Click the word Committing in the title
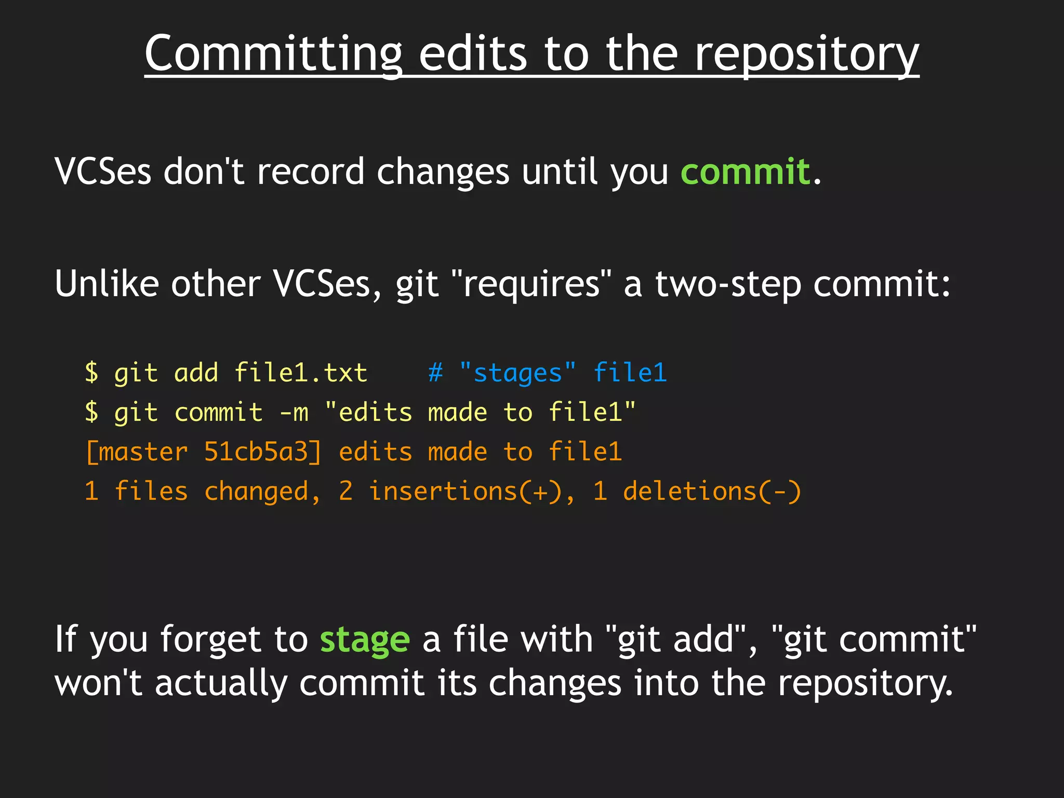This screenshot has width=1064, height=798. pyautogui.click(x=273, y=54)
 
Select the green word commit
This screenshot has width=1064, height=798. pyautogui.click(x=745, y=171)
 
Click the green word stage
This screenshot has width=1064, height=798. pyautogui.click(x=365, y=640)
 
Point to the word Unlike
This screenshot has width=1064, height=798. pyautogui.click(x=107, y=284)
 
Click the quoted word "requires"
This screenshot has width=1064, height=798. pyautogui.click(x=531, y=284)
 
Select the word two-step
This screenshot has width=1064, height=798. pyautogui.click(x=728, y=284)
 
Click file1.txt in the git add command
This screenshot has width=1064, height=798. pyautogui.click(x=300, y=373)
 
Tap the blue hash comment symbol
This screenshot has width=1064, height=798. pyautogui.click(x=435, y=373)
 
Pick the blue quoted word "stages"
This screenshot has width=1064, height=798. pyautogui.click(x=517, y=373)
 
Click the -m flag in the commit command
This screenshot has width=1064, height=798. pyautogui.click(x=294, y=413)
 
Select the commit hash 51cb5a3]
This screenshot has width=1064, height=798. pyautogui.click(x=263, y=452)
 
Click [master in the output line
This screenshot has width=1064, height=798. pyautogui.click(x=136, y=452)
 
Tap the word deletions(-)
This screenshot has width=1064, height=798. pyautogui.click(x=712, y=491)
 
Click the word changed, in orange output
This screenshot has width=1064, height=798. pyautogui.click(x=263, y=491)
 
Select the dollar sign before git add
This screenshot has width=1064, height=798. pyautogui.click(x=91, y=373)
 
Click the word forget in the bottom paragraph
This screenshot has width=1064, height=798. pyautogui.click(x=211, y=640)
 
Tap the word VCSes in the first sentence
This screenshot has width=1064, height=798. pyautogui.click(x=103, y=171)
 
